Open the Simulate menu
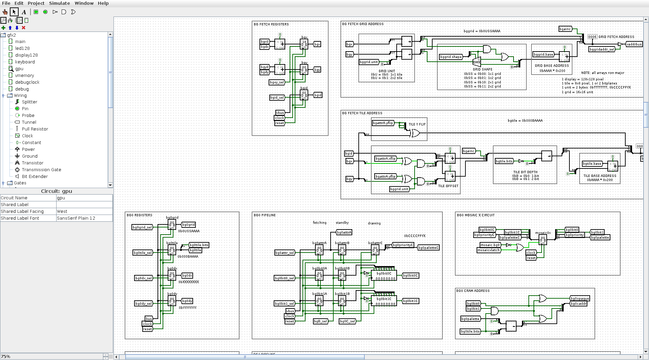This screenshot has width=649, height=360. [x=59, y=3]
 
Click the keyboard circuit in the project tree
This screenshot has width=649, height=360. [x=25, y=62]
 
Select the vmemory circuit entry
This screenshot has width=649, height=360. [x=24, y=75]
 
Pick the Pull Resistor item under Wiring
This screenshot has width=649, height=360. [x=35, y=129]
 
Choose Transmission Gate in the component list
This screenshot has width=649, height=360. [x=41, y=169]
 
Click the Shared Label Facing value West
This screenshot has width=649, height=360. [x=62, y=211]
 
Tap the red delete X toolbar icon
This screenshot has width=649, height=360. [x=23, y=28]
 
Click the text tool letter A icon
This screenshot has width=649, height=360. [x=24, y=12]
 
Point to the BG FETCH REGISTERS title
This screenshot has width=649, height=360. [x=271, y=24]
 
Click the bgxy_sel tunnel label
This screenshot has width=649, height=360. [x=277, y=82]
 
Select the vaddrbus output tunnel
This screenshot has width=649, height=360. [x=634, y=44]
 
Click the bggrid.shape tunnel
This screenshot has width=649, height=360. [x=451, y=57]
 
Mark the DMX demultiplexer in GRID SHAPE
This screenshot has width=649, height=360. [x=477, y=62]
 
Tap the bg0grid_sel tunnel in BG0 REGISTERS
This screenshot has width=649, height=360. [x=142, y=227]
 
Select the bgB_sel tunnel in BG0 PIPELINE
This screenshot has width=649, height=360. [x=320, y=321]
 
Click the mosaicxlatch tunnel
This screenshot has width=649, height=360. [x=488, y=250]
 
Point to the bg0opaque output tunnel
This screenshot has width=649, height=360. [x=580, y=299]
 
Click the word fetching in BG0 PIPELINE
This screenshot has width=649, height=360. [x=319, y=223]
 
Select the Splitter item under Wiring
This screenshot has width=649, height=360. [x=29, y=102]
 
